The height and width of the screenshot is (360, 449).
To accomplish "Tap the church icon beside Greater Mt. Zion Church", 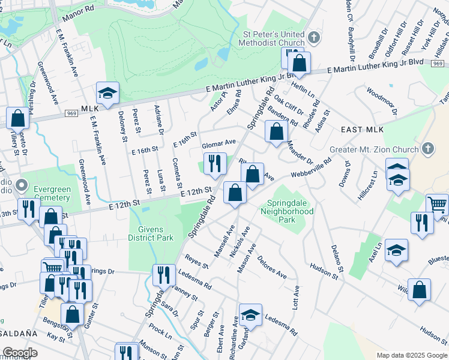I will tap(427, 148).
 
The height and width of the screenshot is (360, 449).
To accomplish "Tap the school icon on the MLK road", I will tap(107, 93).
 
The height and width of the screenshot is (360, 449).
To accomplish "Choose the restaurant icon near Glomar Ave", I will tap(214, 163).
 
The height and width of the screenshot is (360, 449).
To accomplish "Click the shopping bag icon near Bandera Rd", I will tap(276, 131).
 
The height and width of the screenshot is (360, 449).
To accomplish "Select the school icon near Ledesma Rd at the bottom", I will tap(250, 314).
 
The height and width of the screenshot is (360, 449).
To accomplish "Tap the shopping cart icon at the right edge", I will tap(436, 205).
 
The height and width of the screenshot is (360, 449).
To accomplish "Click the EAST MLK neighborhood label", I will tap(362, 130).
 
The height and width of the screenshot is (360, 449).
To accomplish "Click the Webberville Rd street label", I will tap(312, 167).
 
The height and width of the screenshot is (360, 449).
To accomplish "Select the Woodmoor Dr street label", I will tap(382, 102).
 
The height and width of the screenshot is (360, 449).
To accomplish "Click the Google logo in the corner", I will tap(20, 353).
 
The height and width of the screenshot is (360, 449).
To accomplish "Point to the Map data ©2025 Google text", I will tap(411, 355).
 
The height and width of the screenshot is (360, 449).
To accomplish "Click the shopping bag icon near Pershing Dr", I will tap(18, 118).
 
